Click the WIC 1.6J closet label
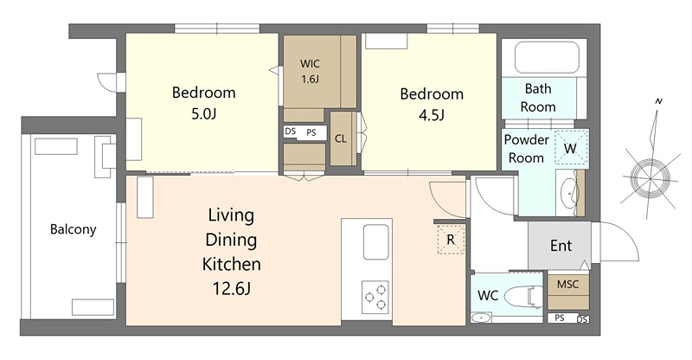(x=310, y=71)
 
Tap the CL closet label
(x=340, y=138)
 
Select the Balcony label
(x=73, y=229)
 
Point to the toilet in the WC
(x=523, y=296)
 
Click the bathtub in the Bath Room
(x=547, y=57)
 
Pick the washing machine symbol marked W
(x=571, y=147)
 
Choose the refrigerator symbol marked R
(x=451, y=240)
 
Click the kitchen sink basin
(x=376, y=241)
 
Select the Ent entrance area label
(x=561, y=246)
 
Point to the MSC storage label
(x=567, y=284)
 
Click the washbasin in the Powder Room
(x=569, y=193)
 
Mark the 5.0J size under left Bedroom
(x=203, y=114)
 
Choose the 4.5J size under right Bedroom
(x=431, y=115)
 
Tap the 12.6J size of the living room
(x=231, y=288)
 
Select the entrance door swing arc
(x=625, y=235)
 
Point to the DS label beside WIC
(x=290, y=132)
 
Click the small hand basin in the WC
(x=481, y=317)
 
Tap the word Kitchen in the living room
(x=231, y=264)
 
